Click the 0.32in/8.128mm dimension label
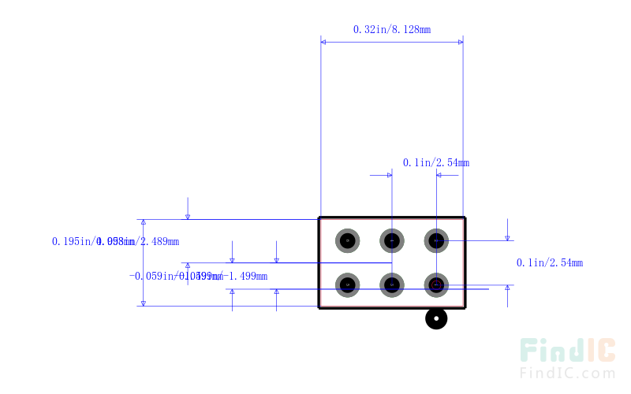point(391,29)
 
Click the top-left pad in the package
point(347,240)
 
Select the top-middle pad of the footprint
point(392,240)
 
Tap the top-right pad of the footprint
point(436,240)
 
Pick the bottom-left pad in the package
point(347,284)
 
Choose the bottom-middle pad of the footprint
point(392,284)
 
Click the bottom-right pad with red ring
point(436,284)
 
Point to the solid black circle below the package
point(436,319)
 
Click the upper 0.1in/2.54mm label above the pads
point(435,163)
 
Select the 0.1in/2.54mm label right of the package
point(549,262)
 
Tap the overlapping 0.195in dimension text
point(115,241)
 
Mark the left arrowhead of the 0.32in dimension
point(324,43)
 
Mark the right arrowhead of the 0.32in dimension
point(459,43)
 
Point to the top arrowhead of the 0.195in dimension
point(143,224)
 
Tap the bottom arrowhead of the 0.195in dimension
point(143,302)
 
